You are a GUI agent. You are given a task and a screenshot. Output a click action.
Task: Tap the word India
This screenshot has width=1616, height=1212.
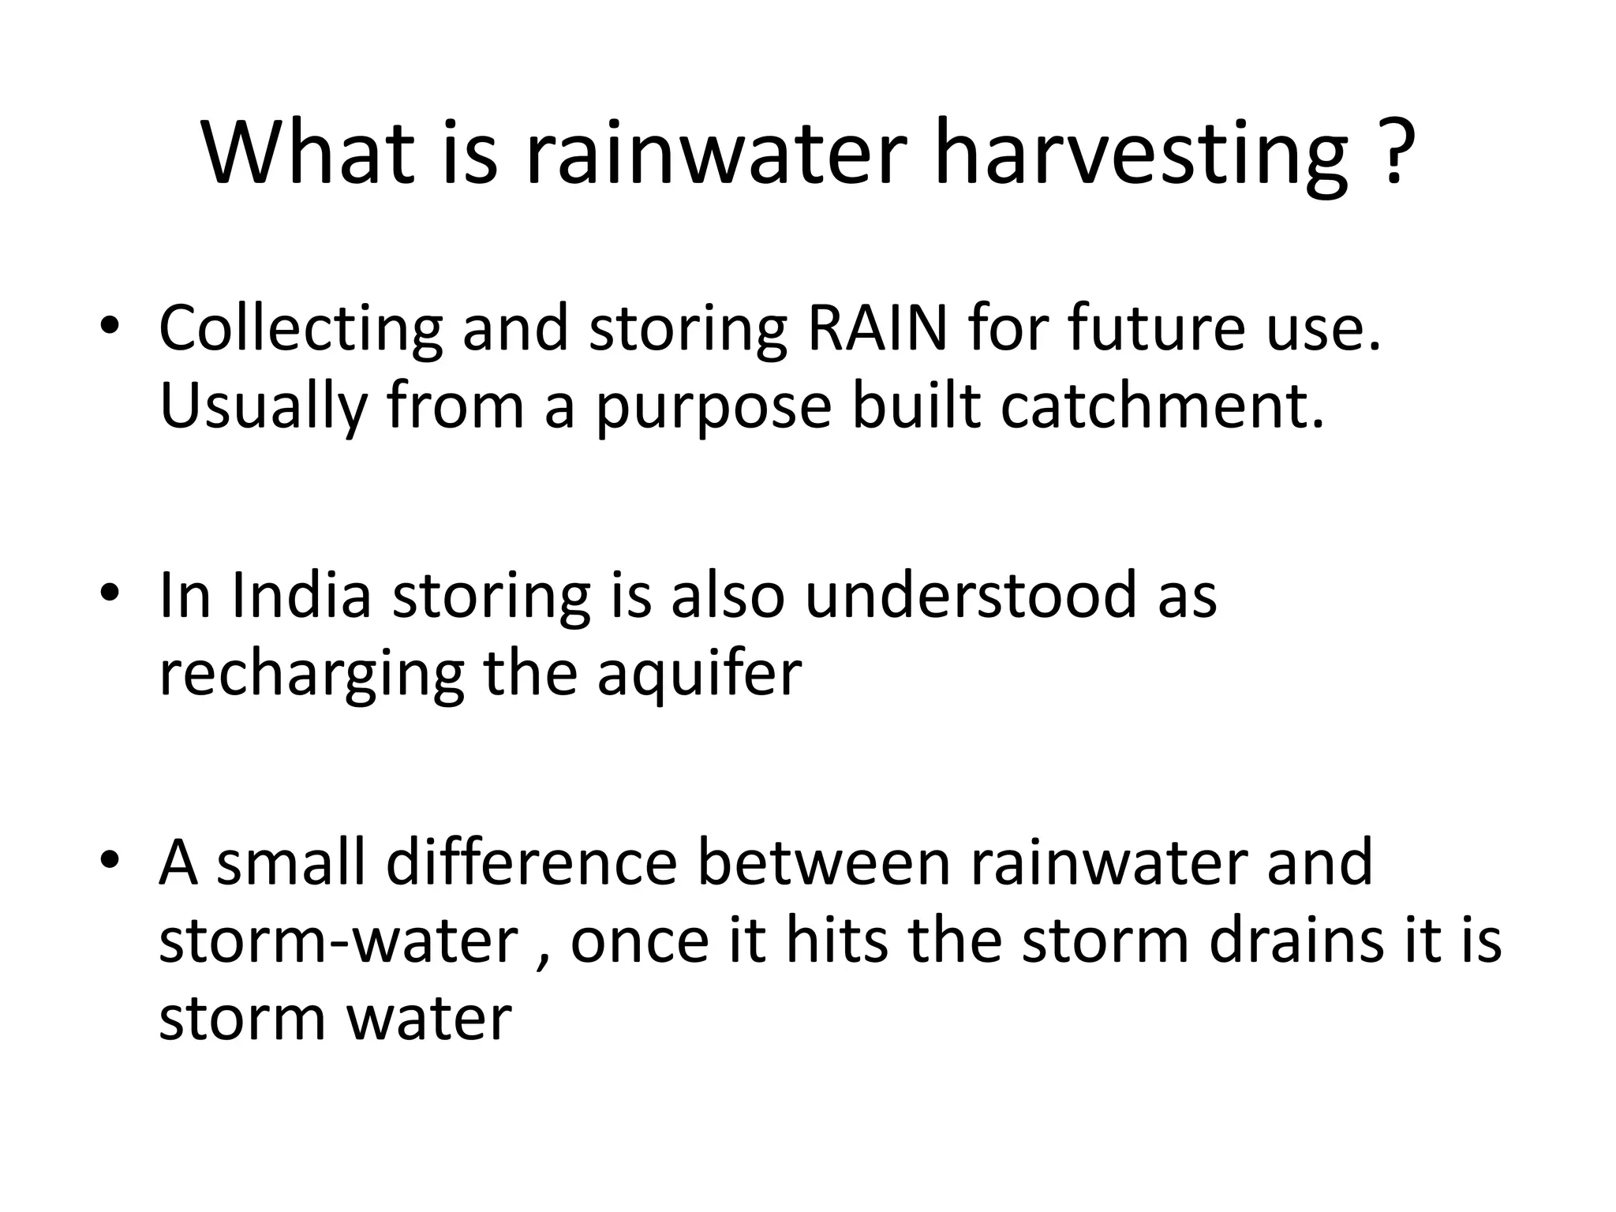pos(301,595)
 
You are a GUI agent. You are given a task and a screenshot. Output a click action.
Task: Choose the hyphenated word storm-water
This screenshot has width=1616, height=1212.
pos(338,941)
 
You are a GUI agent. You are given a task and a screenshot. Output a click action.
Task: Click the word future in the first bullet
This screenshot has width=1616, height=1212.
pos(1157,327)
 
